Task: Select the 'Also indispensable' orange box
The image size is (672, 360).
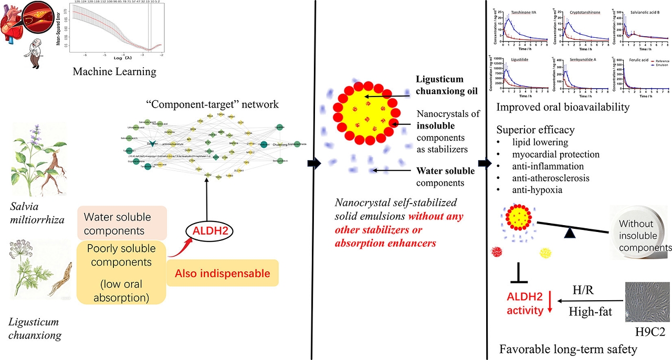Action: tap(223, 273)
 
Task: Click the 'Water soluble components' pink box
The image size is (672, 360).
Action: tap(121, 223)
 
